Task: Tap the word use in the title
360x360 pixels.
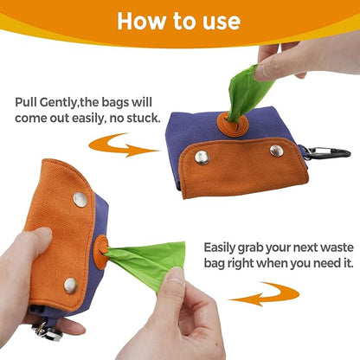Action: (x=222, y=22)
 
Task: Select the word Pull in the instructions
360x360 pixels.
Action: (x=26, y=102)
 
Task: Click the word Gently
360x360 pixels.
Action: (x=59, y=103)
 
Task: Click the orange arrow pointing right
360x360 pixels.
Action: (x=123, y=145)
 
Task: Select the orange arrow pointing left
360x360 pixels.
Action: (x=264, y=294)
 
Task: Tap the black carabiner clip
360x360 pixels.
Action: (x=327, y=153)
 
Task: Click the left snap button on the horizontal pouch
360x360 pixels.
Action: (x=202, y=157)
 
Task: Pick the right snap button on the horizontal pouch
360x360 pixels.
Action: (x=277, y=151)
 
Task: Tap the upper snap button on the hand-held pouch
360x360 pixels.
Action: (x=80, y=200)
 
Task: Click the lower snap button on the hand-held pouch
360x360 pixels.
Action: (x=71, y=286)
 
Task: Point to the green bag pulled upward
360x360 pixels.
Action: (x=247, y=92)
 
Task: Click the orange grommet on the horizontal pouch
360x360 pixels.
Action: (x=233, y=125)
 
